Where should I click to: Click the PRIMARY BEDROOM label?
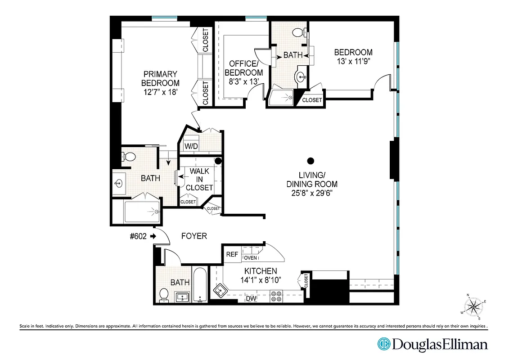pyautogui.click(x=160, y=78)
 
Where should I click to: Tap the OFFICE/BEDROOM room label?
pyautogui.click(x=243, y=68)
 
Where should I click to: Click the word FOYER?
pyautogui.click(x=194, y=236)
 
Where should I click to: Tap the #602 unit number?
pyautogui.click(x=138, y=236)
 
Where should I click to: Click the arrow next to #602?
pyautogui.click(x=153, y=236)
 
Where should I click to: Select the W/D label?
pyautogui.click(x=191, y=146)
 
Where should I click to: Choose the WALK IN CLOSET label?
pyautogui.click(x=199, y=180)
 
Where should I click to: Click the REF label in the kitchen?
pyautogui.click(x=232, y=255)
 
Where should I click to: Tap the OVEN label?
pyautogui.click(x=250, y=258)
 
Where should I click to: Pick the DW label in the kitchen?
pyautogui.click(x=251, y=298)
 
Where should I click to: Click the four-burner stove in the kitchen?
pyautogui.click(x=275, y=296)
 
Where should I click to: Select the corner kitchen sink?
pyautogui.click(x=220, y=290)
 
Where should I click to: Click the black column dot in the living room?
pyautogui.click(x=310, y=161)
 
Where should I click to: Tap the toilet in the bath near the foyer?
pyautogui.click(x=164, y=295)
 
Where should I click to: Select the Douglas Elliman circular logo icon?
pyautogui.click(x=384, y=345)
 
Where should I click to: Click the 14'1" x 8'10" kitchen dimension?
pyautogui.click(x=260, y=279)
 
